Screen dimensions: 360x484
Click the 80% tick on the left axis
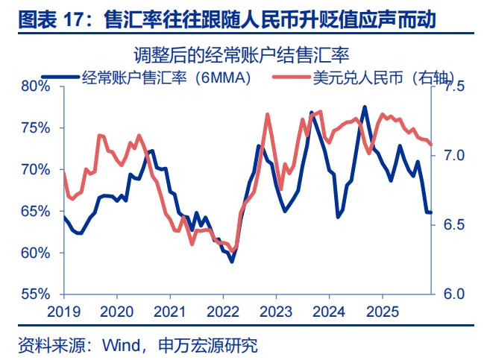pos(34,86)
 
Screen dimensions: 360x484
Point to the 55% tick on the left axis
pos(34,294)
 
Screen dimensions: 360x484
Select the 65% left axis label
pos(34,212)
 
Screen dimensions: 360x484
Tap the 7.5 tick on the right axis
pos(454,86)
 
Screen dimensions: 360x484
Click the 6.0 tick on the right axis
pos(454,294)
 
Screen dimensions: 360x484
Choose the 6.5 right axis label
pos(454,225)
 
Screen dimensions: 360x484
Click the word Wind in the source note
pos(116,346)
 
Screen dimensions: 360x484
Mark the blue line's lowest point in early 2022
pos(232,262)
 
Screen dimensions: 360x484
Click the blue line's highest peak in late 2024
pos(365,107)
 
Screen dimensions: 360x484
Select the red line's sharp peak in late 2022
pos(268,114)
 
